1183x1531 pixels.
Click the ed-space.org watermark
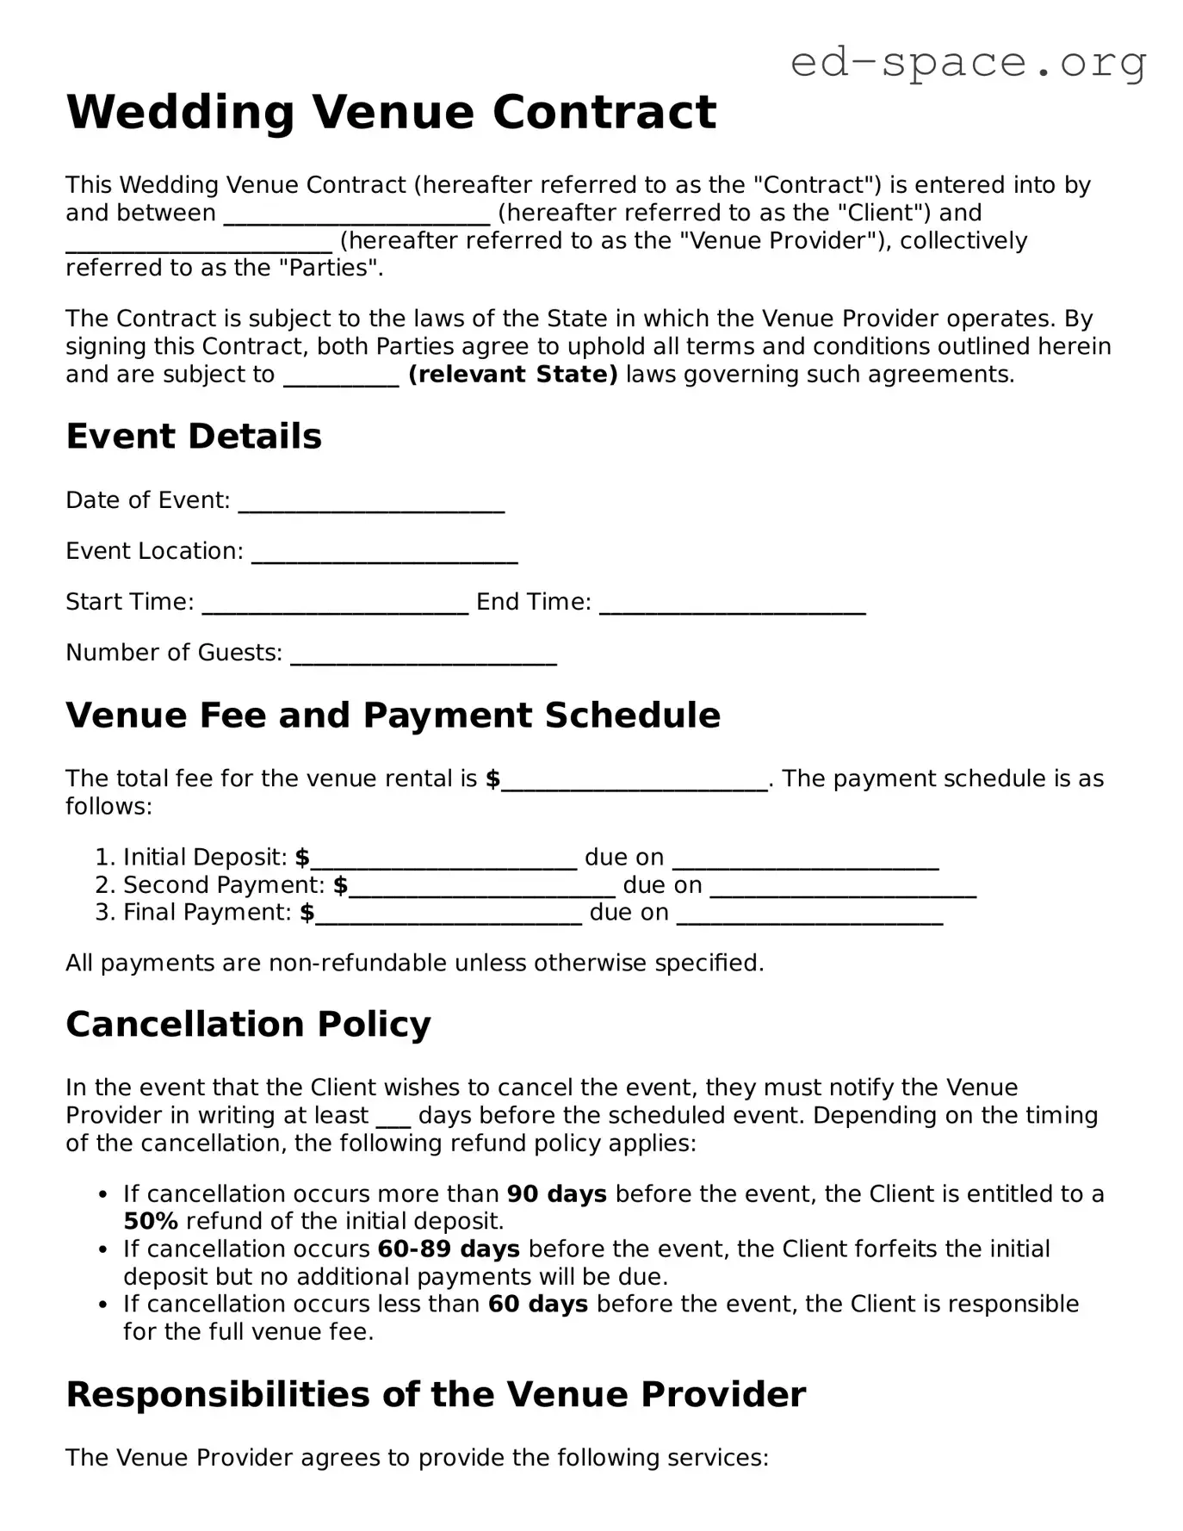[968, 62]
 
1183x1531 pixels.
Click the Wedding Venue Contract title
[391, 112]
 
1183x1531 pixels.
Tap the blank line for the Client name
[356, 215]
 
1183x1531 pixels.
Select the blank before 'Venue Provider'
[199, 243]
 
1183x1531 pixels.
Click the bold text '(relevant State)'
[512, 375]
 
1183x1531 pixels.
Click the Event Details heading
[194, 437]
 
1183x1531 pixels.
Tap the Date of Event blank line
[371, 502]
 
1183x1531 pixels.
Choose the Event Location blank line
[384, 553]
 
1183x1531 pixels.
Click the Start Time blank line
[335, 604]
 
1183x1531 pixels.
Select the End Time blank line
[732, 604]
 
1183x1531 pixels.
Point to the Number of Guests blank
[424, 654]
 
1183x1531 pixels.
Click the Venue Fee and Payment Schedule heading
[393, 716]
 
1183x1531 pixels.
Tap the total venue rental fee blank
[634, 781]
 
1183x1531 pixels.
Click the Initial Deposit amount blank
[443, 859]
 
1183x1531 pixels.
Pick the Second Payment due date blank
[843, 887]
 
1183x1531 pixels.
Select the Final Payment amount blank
[449, 914]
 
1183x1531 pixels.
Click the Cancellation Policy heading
[248, 1025]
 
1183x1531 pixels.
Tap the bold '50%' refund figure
[151, 1222]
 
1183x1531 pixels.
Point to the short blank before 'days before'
[393, 1118]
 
